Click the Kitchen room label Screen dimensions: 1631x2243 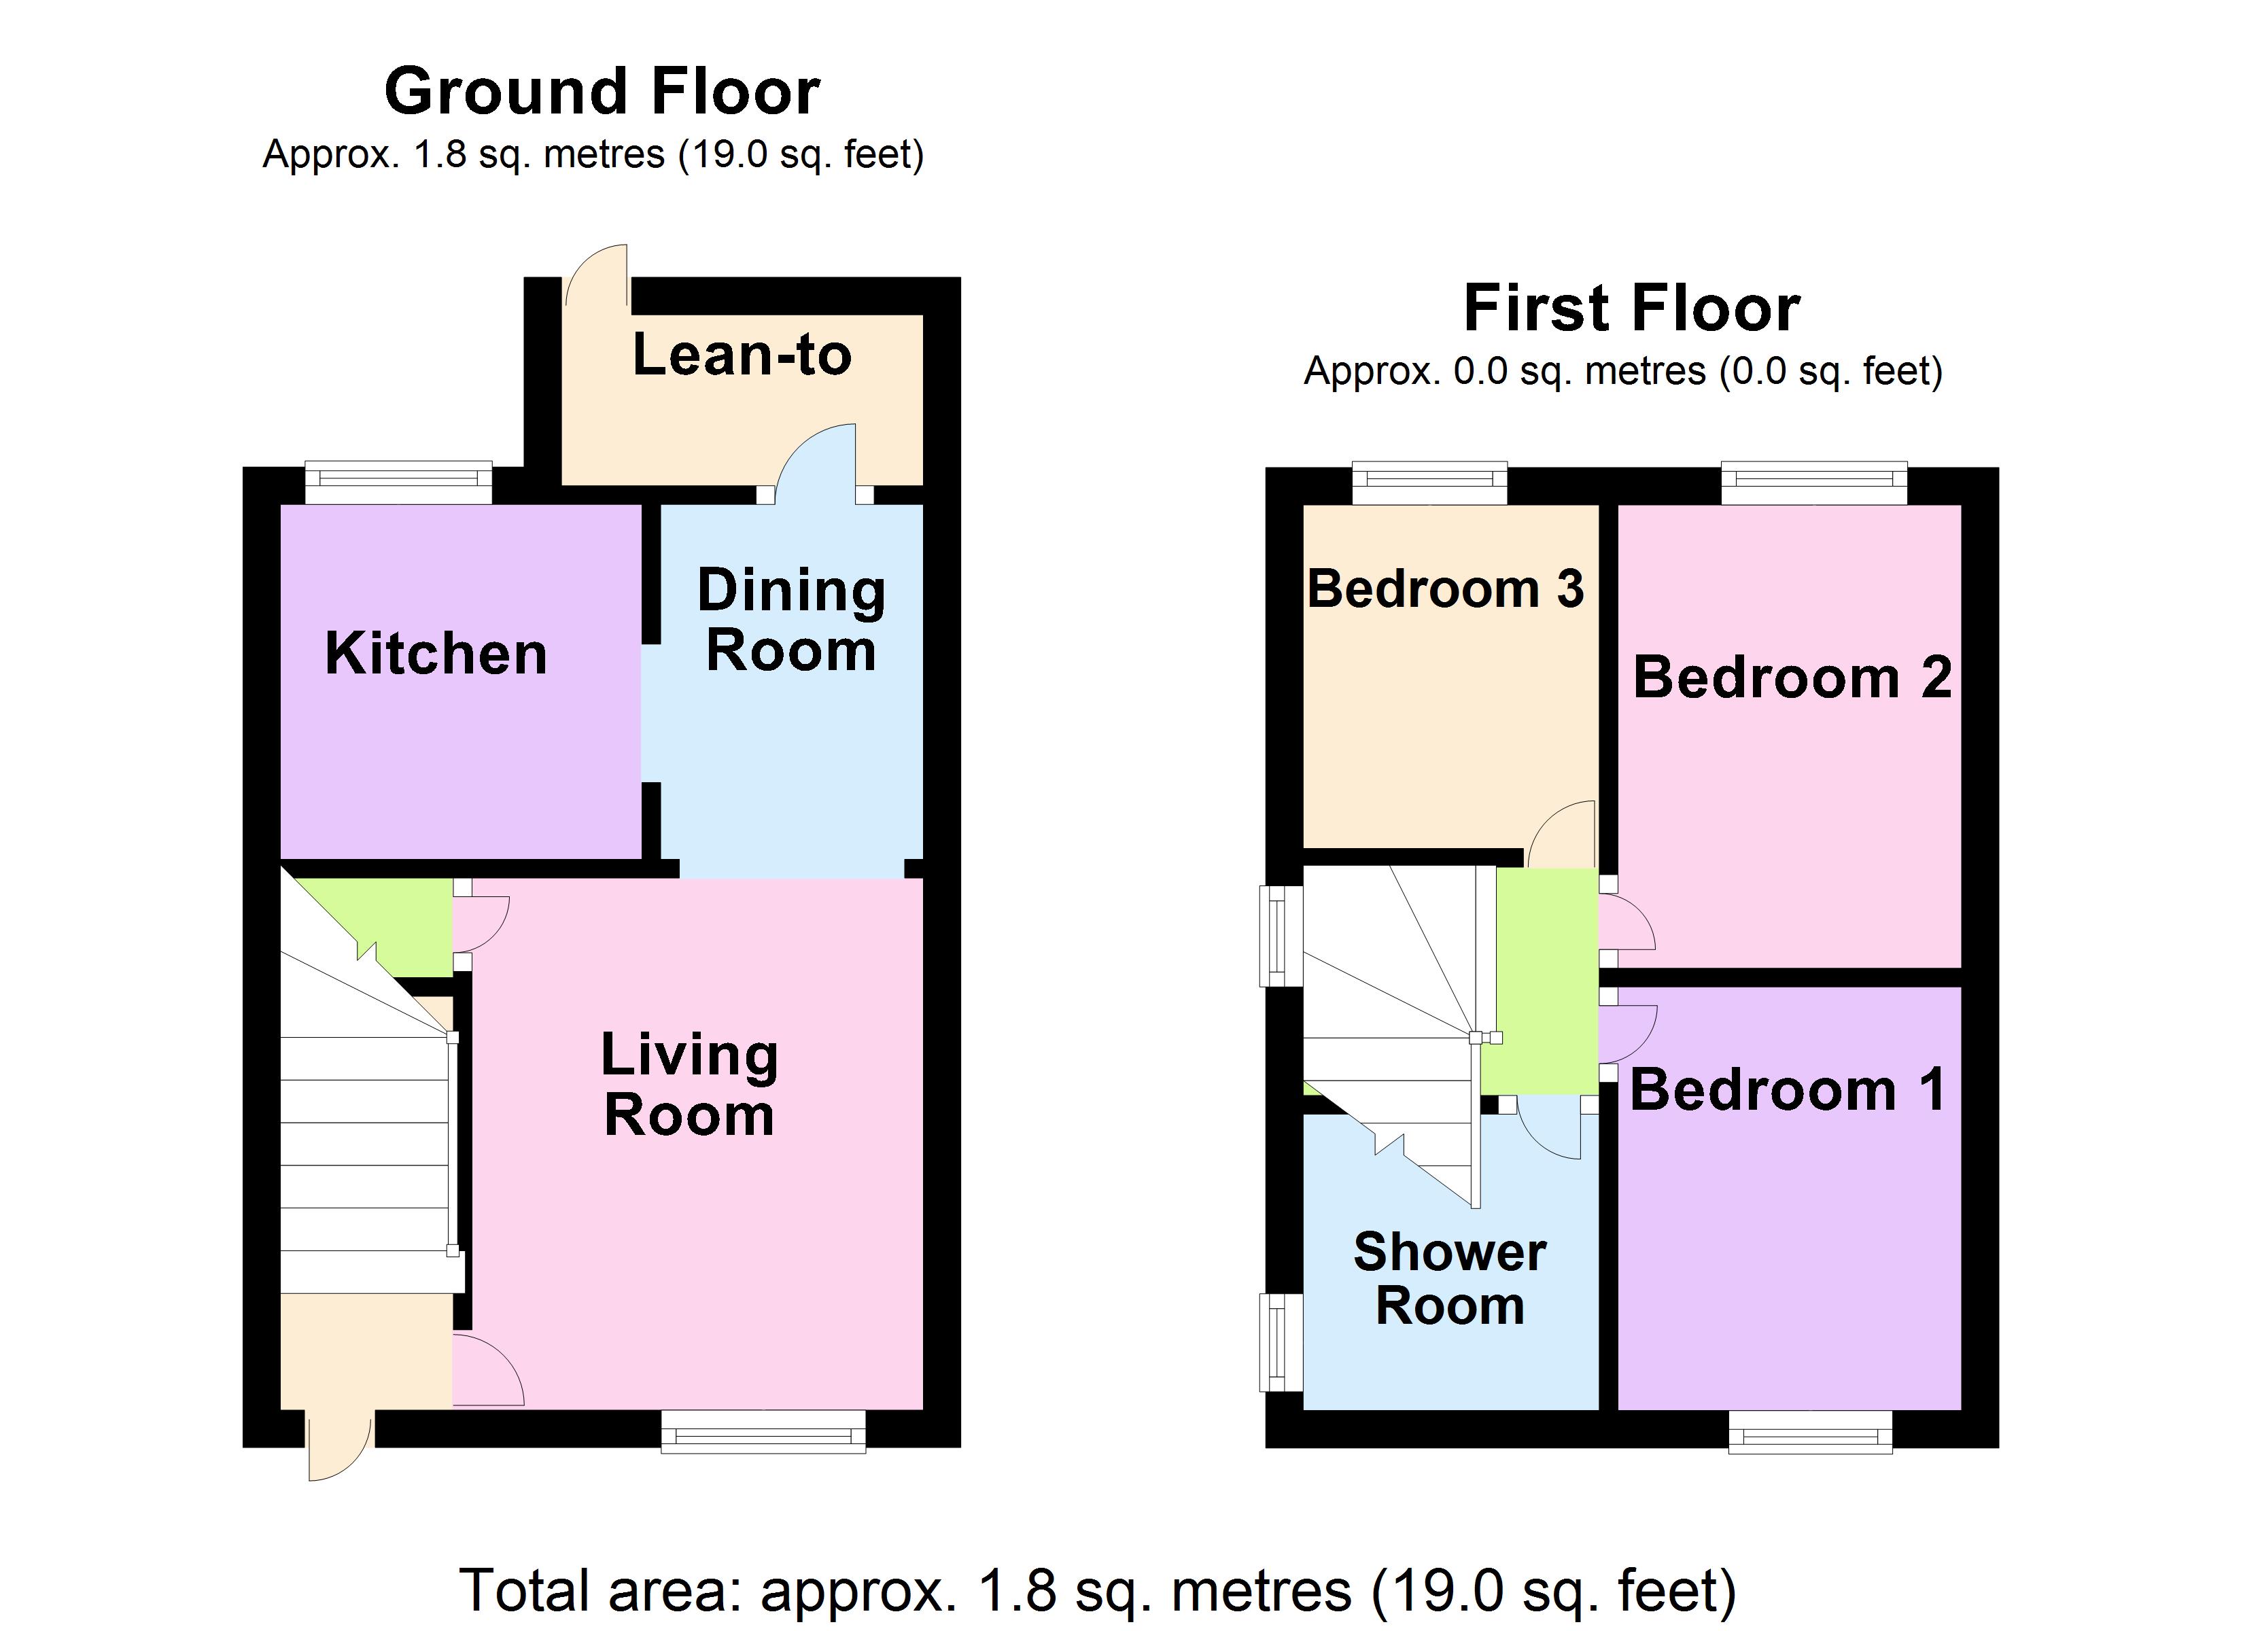tap(436, 654)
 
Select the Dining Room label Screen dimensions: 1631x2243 tap(791, 620)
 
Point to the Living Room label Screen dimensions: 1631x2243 tap(689, 1085)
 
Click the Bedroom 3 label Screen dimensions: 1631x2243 tap(1445, 589)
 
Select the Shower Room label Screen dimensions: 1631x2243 tap(1450, 1279)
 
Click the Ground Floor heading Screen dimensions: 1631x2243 tap(602, 92)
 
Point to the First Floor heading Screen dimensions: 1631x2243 tap(1632, 309)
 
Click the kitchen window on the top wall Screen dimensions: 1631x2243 tap(398, 482)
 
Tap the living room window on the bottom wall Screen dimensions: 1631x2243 tap(763, 1431)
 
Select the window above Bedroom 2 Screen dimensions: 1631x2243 tap(1814, 482)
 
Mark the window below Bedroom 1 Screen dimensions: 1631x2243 tap(1810, 1431)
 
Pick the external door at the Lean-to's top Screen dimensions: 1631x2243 tap(597, 277)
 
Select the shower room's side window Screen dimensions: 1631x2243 tap(1280, 1342)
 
